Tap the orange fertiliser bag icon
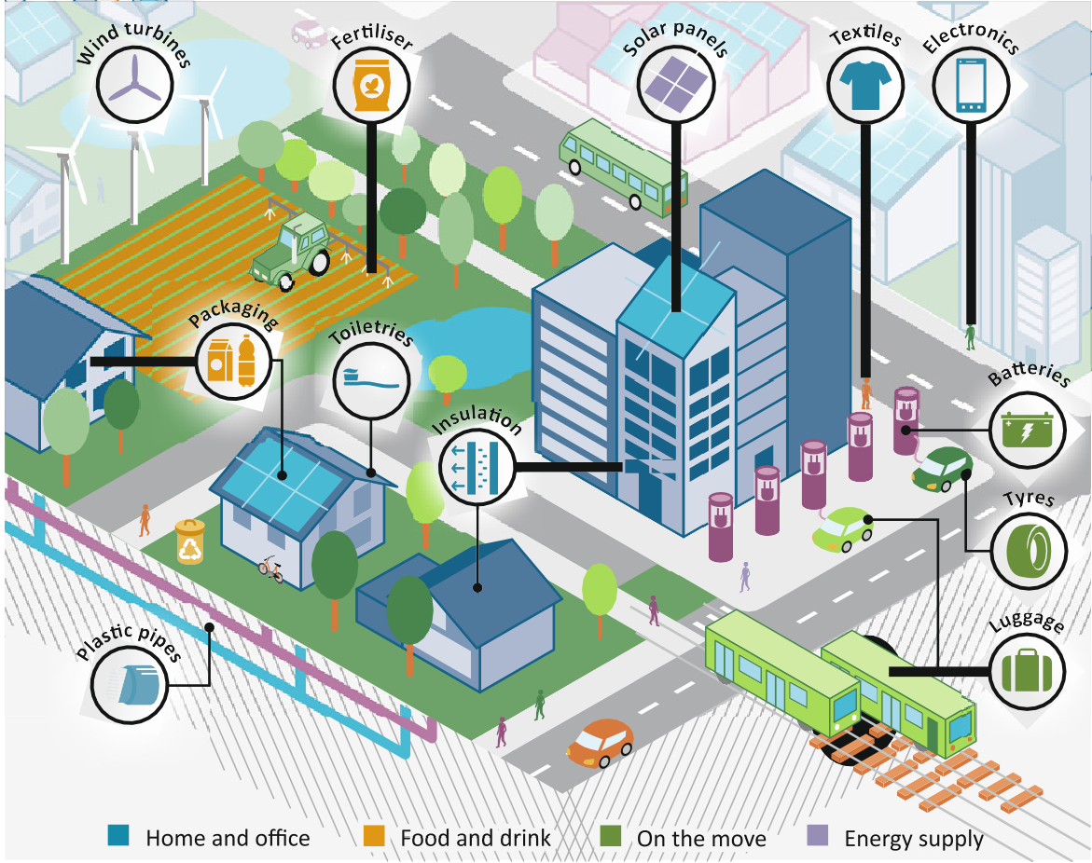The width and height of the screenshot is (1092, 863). [x=371, y=82]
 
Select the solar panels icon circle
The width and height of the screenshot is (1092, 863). [x=675, y=83]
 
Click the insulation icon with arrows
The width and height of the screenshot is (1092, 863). [x=475, y=464]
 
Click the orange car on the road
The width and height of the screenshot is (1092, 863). [x=600, y=743]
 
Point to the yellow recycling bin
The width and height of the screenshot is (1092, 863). [x=191, y=541]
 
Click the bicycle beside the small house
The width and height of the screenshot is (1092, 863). [x=271, y=568]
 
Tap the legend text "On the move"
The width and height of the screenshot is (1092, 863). [x=701, y=839]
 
